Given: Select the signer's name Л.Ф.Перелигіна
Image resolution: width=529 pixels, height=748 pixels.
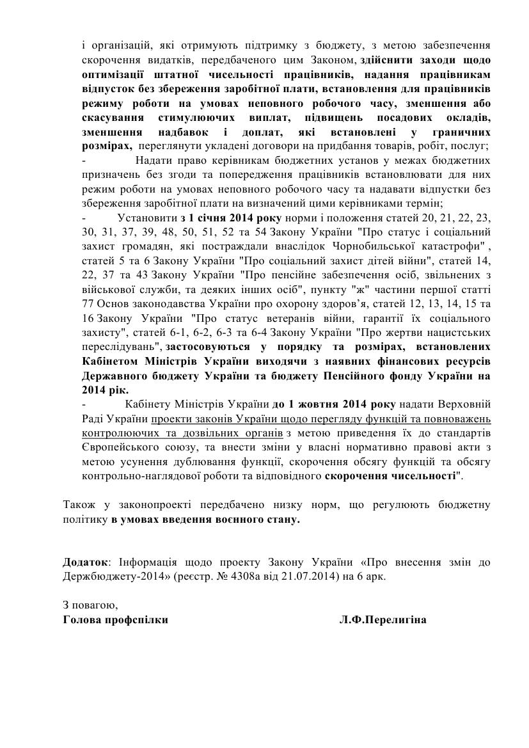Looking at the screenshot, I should pos(383,619).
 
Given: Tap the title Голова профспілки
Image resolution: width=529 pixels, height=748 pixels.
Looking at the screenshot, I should pos(116,619).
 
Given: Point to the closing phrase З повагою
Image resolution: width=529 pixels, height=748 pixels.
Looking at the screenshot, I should pos(90,605).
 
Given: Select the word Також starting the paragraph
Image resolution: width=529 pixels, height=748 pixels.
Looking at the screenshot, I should pos(77,505).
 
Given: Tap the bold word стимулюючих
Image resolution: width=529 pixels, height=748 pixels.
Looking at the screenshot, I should pos(201,118).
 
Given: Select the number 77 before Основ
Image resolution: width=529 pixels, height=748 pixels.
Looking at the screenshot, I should pos(90,305).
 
